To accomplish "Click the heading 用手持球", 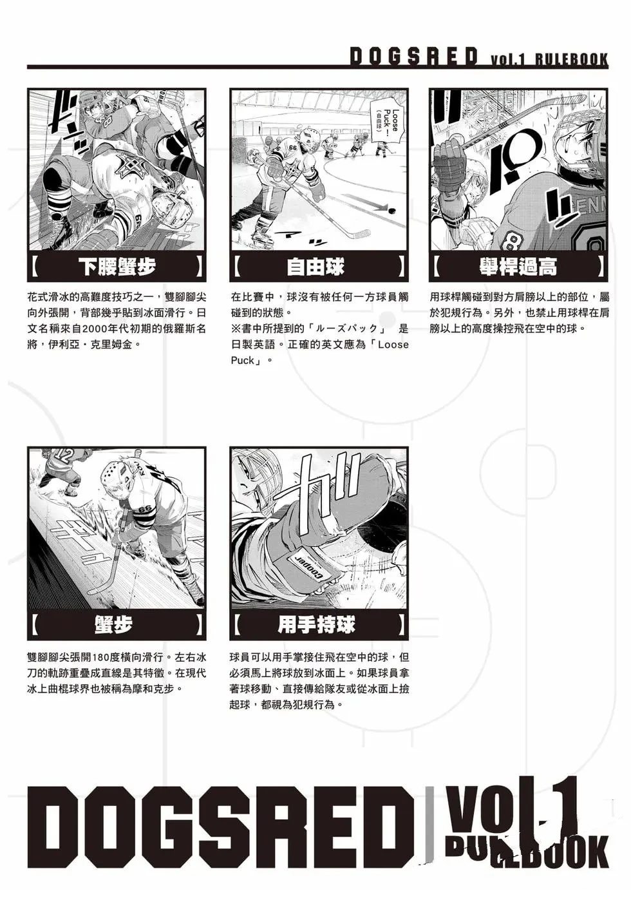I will click(316, 624).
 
